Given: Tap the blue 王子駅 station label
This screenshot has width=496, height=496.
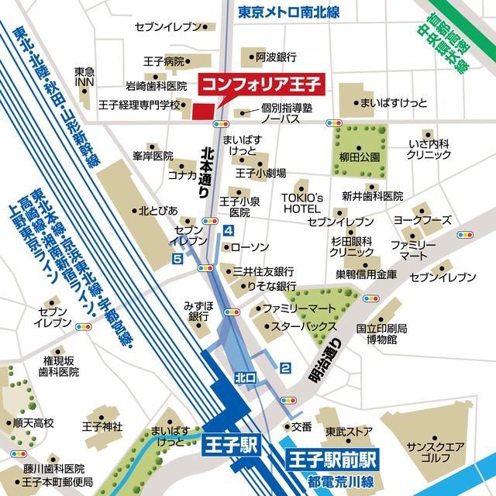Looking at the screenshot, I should [x=231, y=446].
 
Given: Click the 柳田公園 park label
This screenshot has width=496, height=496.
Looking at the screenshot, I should [x=360, y=157].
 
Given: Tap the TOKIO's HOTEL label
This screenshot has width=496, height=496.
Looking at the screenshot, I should [x=301, y=203].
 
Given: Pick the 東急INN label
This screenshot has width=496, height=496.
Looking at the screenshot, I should [x=84, y=77].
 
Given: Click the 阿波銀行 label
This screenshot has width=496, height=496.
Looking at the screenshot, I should [x=276, y=57].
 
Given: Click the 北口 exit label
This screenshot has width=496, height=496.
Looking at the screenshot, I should [x=244, y=377].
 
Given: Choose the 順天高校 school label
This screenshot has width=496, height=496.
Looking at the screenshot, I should [x=33, y=424].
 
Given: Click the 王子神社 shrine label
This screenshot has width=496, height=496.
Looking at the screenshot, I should [x=102, y=426].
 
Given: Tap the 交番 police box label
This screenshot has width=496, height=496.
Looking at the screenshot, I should [x=301, y=426].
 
